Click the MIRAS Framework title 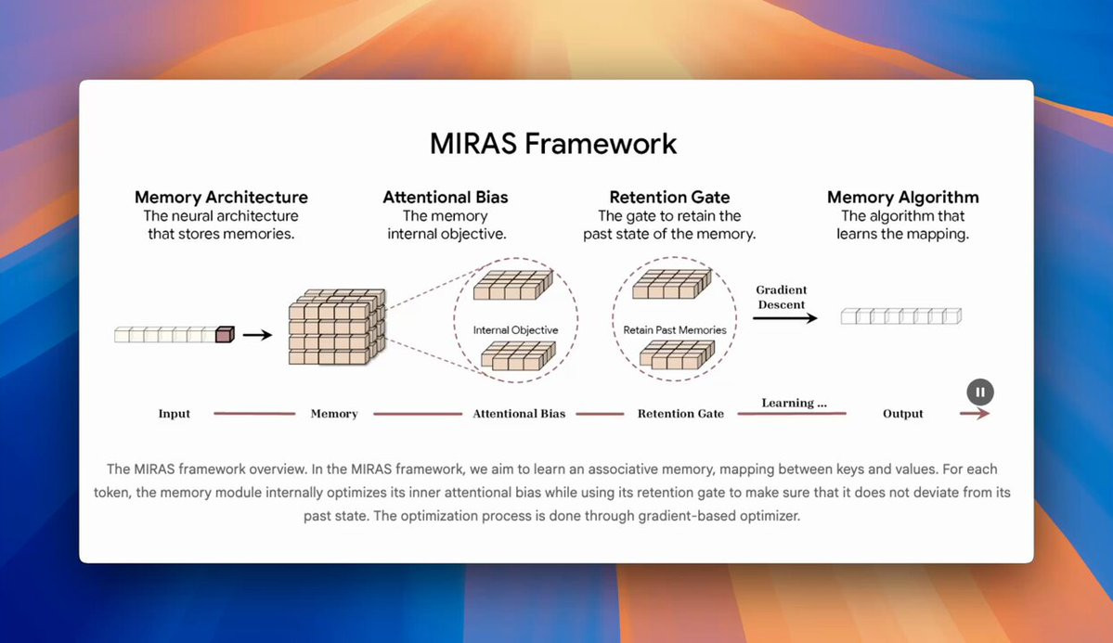tap(553, 144)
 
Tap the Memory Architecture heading tap(221, 197)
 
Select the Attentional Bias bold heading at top tap(446, 197)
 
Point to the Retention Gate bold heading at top tap(669, 197)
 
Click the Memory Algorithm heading tap(902, 197)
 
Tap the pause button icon tap(980, 392)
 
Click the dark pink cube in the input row tap(224, 334)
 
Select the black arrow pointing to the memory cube tap(257, 335)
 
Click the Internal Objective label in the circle tap(515, 329)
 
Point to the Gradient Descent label tap(782, 297)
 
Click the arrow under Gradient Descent tap(784, 318)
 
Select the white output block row tap(900, 316)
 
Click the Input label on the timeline tap(174, 414)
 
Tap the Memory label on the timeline tap(334, 414)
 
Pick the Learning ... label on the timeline tap(794, 404)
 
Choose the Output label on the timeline tap(902, 414)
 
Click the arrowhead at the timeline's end tap(983, 414)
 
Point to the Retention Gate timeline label tap(680, 414)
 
